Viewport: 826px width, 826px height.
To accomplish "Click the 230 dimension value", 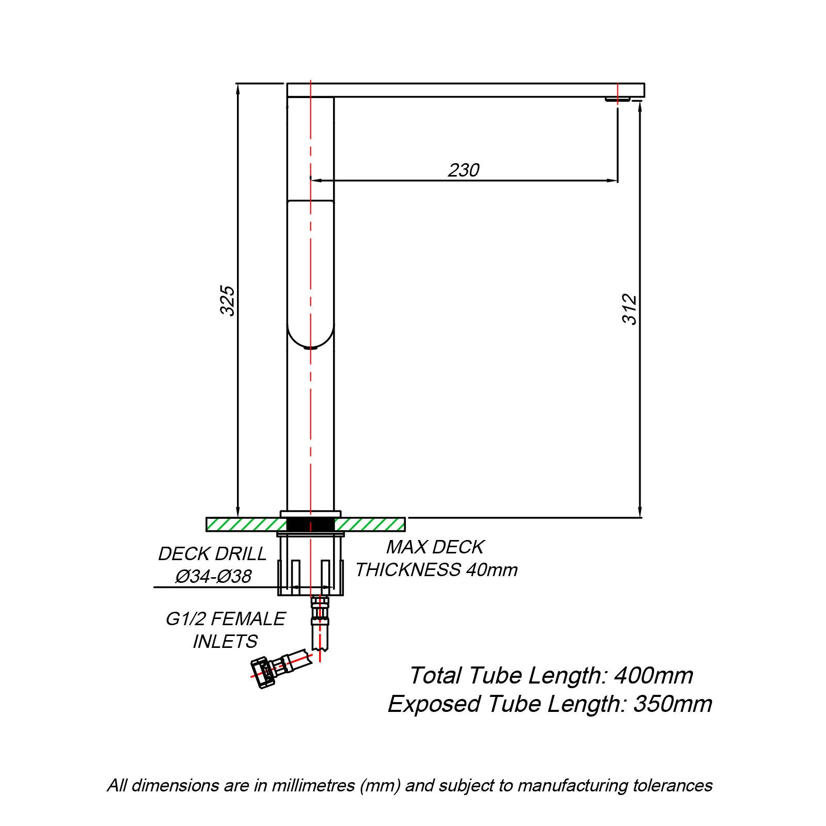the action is click(464, 170).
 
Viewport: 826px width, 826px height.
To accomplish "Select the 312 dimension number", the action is click(630, 309).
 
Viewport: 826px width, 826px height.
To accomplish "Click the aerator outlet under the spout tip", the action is click(617, 100).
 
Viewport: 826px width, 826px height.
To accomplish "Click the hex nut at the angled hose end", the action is click(263, 673).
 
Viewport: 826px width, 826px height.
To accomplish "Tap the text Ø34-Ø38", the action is click(213, 576).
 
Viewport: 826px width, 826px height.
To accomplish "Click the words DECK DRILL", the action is click(212, 553).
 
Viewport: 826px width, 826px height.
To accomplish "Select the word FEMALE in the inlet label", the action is click(249, 618).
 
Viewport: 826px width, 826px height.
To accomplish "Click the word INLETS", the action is click(225, 641).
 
